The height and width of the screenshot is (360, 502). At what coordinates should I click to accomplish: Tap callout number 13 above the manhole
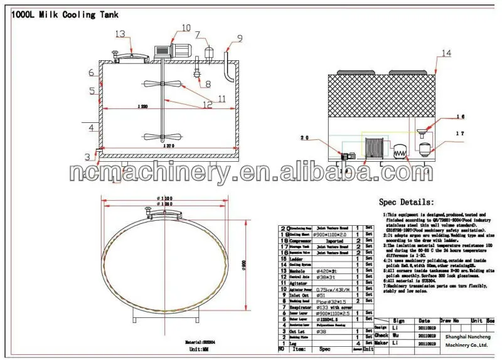[120, 34]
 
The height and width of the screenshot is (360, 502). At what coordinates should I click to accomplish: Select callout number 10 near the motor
[186, 27]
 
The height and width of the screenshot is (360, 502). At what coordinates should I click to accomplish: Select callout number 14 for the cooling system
[446, 53]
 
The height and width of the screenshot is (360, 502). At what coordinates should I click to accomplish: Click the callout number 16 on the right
[461, 117]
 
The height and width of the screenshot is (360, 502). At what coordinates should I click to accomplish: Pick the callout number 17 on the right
[461, 134]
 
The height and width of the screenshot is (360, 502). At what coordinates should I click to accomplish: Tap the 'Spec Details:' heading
[406, 203]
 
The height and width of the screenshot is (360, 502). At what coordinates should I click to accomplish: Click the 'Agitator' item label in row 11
[299, 282]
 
